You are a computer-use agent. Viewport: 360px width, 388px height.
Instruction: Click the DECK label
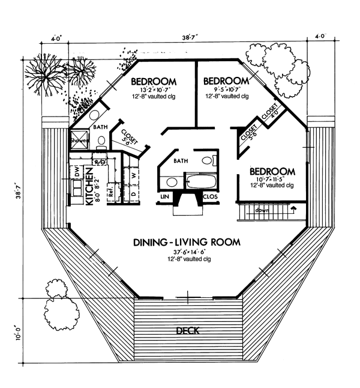188,331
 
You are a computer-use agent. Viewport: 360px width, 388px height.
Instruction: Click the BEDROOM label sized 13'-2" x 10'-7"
153,81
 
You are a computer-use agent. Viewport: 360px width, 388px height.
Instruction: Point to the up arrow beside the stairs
293,210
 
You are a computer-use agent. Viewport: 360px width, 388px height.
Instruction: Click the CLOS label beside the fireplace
210,196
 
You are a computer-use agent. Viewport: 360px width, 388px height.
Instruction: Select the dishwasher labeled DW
77,172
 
